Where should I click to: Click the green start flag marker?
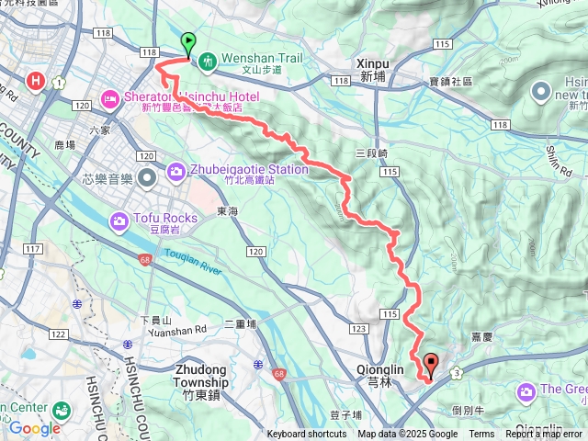click(x=188, y=42)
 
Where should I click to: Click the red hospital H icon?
click(x=37, y=81)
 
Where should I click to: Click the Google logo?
click(x=34, y=427)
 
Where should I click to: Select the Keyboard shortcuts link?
click(x=307, y=435)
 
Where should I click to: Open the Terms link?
click(x=481, y=435)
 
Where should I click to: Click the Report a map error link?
click(x=546, y=435)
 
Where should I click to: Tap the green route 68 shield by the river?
click(x=145, y=261)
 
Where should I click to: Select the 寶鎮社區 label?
click(x=450, y=82)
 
